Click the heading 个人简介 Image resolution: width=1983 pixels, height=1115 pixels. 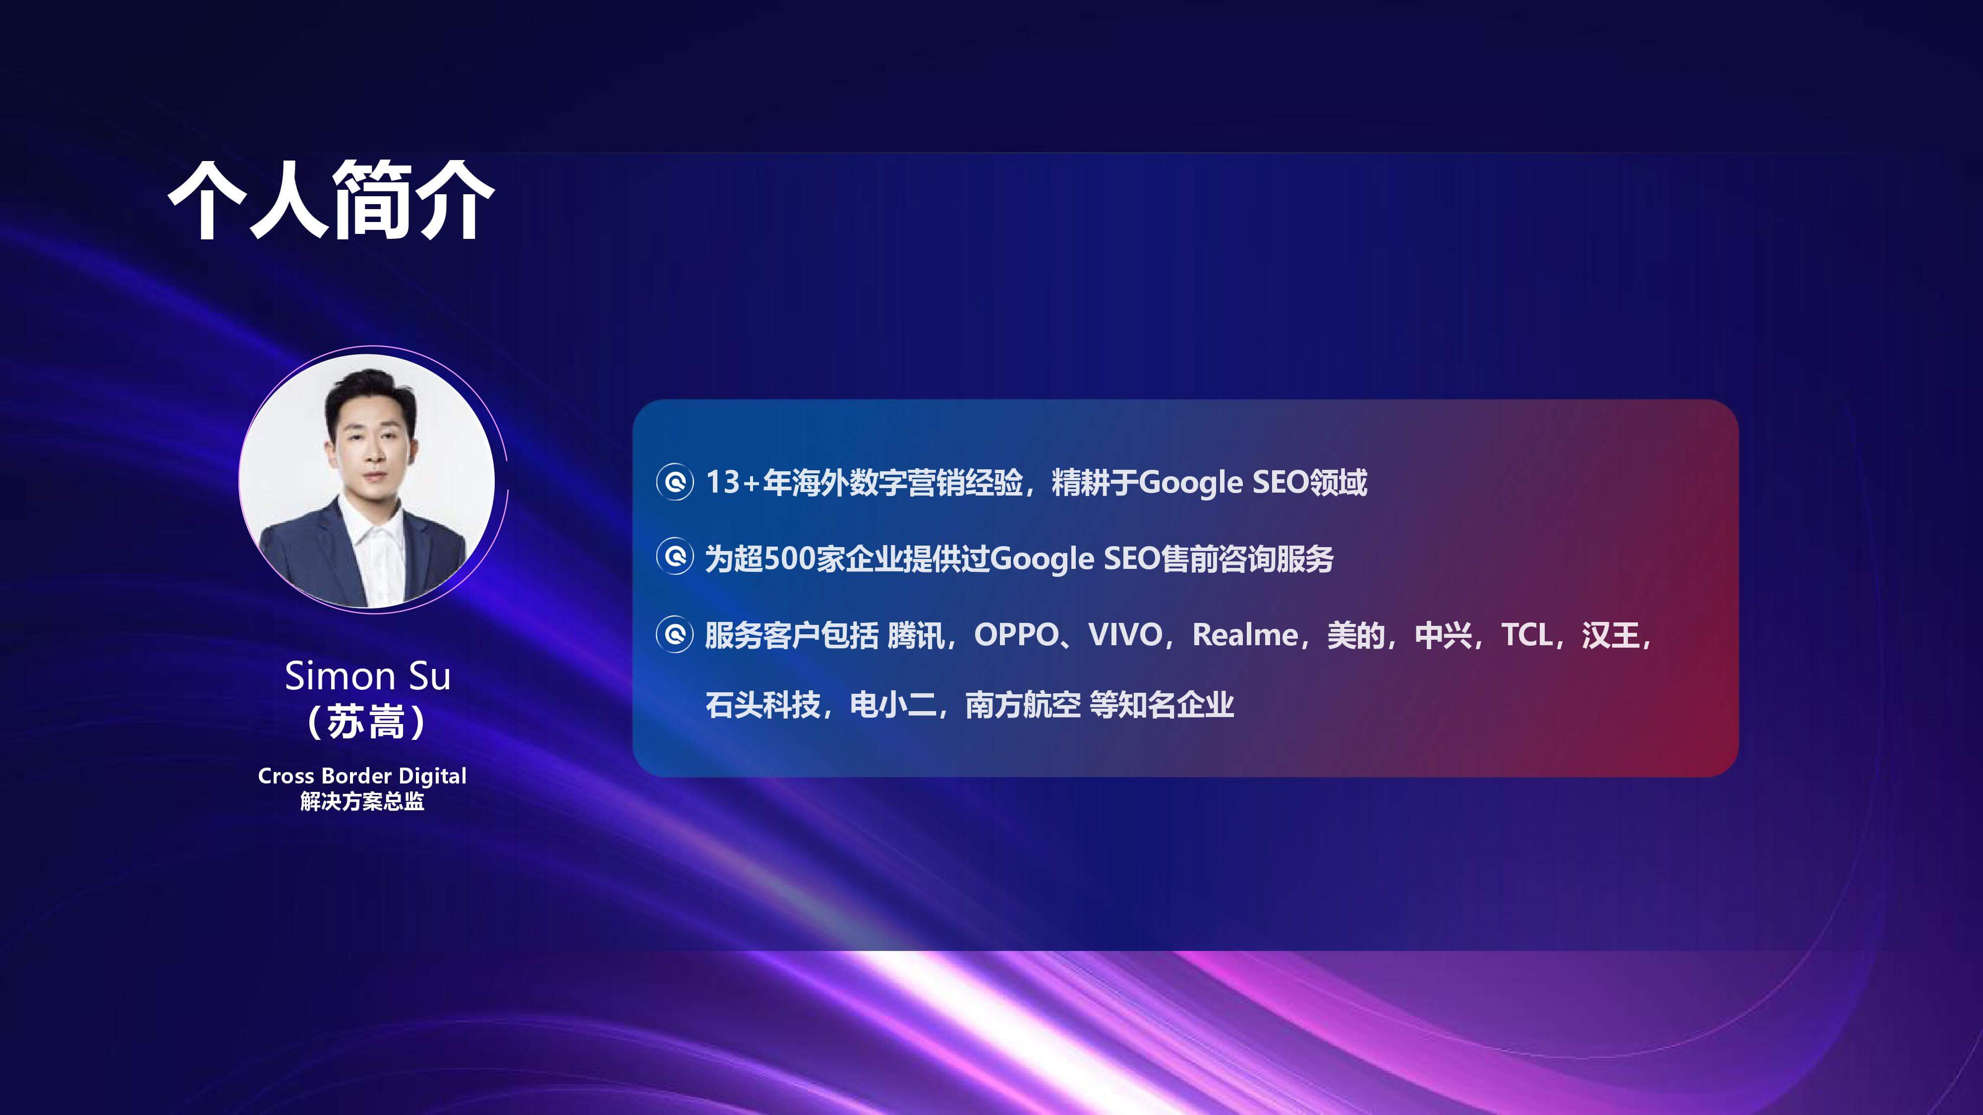(331, 200)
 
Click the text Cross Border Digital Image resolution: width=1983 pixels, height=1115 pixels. (362, 776)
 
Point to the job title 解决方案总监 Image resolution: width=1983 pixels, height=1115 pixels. (362, 801)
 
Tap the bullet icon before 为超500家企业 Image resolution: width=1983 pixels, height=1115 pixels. (675, 557)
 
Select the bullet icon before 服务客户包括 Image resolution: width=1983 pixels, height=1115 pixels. (675, 635)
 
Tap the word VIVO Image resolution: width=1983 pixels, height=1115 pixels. (1125, 635)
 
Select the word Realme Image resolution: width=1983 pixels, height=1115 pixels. (1245, 635)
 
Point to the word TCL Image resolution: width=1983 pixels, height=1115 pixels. (1527, 635)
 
